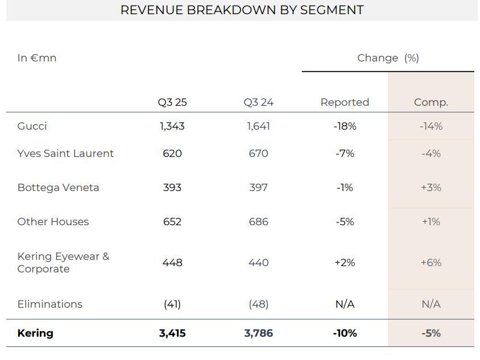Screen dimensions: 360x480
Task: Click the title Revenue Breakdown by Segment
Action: (x=242, y=10)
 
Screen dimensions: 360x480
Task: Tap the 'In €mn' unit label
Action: (x=37, y=58)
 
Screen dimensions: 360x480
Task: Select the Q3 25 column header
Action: (x=172, y=102)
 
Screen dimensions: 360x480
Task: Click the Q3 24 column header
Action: (x=258, y=102)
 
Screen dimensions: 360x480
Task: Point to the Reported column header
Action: (x=345, y=102)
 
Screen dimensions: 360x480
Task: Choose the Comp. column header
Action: (x=431, y=102)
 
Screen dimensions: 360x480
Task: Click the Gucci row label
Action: (x=32, y=126)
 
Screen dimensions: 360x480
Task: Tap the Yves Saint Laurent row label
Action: (x=65, y=154)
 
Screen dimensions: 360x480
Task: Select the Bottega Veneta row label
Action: (x=58, y=188)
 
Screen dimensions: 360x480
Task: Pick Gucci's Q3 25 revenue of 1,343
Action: (x=172, y=126)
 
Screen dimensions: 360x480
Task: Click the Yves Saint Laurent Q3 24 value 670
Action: (x=258, y=154)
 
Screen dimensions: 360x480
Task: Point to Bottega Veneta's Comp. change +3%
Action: (x=431, y=188)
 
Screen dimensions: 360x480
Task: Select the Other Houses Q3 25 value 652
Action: (x=172, y=222)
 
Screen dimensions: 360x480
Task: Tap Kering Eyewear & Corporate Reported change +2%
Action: (x=345, y=263)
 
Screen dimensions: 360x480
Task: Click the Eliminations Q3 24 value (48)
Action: (x=258, y=304)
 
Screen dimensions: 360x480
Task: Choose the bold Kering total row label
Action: (x=35, y=333)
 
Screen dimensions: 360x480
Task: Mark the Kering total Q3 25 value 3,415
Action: (x=172, y=333)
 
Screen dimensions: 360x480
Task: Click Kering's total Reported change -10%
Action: (x=345, y=333)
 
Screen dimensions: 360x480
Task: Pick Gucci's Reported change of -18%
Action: (x=345, y=126)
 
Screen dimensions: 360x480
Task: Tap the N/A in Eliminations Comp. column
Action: (x=431, y=304)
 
